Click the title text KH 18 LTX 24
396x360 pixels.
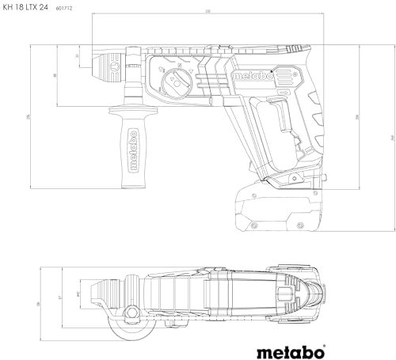pyautogui.click(x=30, y=7)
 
